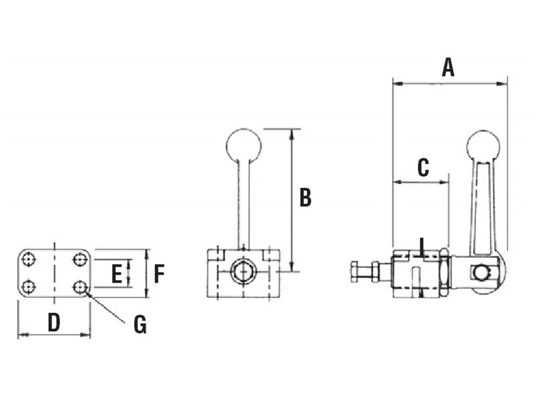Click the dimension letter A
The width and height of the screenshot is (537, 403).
pyautogui.click(x=448, y=67)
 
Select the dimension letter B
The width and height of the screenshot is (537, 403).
pyautogui.click(x=305, y=197)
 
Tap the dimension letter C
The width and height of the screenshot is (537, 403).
pyautogui.click(x=422, y=167)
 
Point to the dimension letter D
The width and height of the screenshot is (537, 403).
pyautogui.click(x=54, y=323)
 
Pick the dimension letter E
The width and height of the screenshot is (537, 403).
pyautogui.click(x=116, y=273)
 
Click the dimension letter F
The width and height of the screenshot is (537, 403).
pyautogui.click(x=159, y=273)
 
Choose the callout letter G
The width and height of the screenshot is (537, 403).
pyautogui.click(x=140, y=325)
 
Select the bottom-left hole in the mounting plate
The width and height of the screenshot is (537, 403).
pyautogui.click(x=28, y=287)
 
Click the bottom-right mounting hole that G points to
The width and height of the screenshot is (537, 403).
pyautogui.click(x=80, y=287)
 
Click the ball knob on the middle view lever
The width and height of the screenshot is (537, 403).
pyautogui.click(x=242, y=145)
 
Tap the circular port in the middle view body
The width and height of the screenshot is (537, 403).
pyautogui.click(x=242, y=272)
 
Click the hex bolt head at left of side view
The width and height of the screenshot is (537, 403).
pyautogui.click(x=356, y=272)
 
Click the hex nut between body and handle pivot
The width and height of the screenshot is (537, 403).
pyautogui.click(x=444, y=272)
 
